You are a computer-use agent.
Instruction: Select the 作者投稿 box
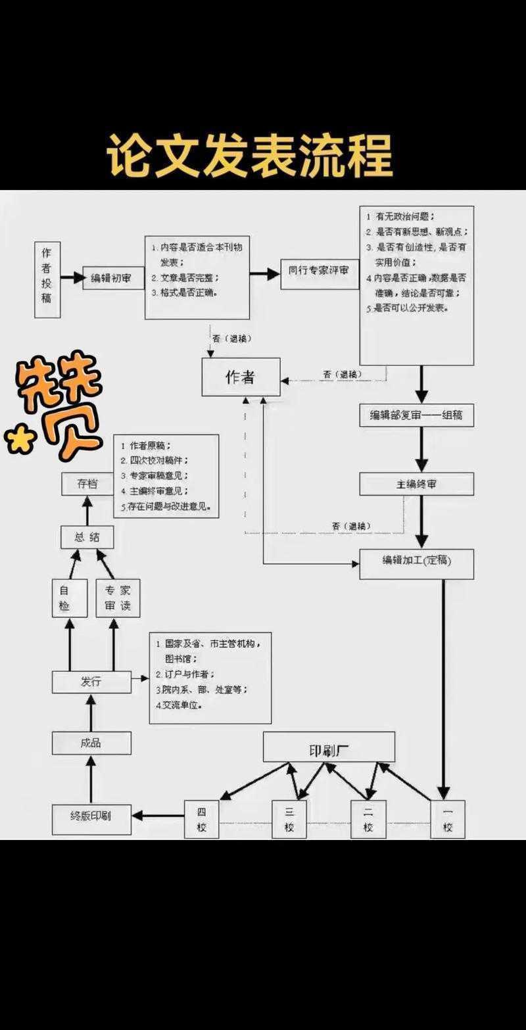47,279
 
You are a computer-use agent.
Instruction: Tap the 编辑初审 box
111,279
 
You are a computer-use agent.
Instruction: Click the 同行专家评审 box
319,269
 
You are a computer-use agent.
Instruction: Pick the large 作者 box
241,377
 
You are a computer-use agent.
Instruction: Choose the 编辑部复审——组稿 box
416,415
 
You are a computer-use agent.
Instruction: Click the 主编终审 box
416,484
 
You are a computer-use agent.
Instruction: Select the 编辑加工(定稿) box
416,563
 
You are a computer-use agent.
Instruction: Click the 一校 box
448,819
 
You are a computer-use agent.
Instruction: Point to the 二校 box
368,819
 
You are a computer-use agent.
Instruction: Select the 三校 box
289,819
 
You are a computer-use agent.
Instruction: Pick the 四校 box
201,819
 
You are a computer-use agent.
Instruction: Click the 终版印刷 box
91,819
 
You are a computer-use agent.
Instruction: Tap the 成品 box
91,743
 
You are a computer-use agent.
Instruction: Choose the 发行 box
91,682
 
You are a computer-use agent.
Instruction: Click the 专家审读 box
118,598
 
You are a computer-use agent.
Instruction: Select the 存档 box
87,484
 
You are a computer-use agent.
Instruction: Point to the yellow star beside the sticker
20,439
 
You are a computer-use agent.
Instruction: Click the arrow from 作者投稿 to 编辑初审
72,279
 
